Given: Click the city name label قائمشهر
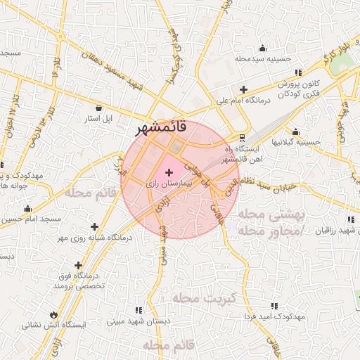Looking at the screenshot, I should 162,128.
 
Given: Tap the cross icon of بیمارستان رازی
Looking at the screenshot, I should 169,172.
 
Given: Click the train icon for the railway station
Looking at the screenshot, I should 242,137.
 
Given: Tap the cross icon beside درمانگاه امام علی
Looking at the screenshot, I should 243,89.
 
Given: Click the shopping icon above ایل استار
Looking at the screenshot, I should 98,108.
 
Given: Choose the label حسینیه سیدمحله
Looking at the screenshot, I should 263,58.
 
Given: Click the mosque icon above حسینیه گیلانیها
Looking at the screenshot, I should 295,131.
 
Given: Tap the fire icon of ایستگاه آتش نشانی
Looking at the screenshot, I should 53,314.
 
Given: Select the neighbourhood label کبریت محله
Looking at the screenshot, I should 207,298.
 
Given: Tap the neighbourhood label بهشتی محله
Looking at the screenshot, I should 270,214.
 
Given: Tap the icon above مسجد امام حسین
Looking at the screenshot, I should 27,209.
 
